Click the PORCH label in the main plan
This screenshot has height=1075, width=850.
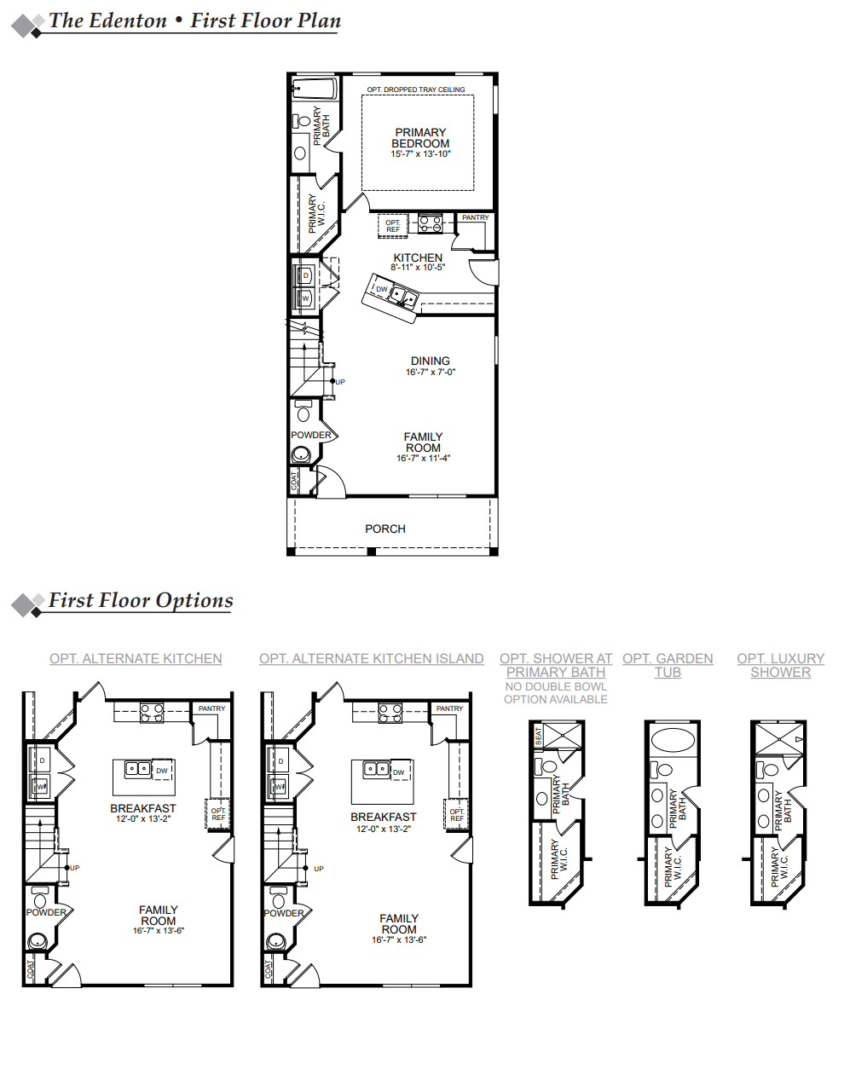pyautogui.click(x=385, y=529)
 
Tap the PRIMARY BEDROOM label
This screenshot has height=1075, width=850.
pyautogui.click(x=420, y=138)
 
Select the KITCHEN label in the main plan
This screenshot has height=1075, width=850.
pyautogui.click(x=418, y=257)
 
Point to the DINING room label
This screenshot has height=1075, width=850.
pyautogui.click(x=431, y=361)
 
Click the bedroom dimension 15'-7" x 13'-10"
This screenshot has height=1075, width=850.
pyautogui.click(x=420, y=154)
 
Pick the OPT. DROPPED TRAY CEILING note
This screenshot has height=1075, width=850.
pyautogui.click(x=416, y=90)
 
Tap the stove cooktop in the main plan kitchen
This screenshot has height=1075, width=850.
pyautogui.click(x=430, y=224)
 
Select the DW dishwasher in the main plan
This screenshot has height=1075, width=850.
pyautogui.click(x=382, y=289)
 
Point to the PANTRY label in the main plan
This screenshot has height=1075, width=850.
pyautogui.click(x=476, y=218)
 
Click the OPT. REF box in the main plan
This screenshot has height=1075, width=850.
pyautogui.click(x=392, y=226)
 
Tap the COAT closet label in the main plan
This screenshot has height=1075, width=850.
pyautogui.click(x=295, y=481)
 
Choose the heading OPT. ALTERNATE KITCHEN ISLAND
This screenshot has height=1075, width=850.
pyautogui.click(x=371, y=659)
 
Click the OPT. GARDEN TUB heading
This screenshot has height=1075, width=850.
pyautogui.click(x=668, y=665)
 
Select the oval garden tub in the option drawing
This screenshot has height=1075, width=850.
pyautogui.click(x=673, y=739)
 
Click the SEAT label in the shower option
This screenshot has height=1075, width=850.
pyautogui.click(x=538, y=736)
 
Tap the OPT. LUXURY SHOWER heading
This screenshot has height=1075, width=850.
pyautogui.click(x=780, y=665)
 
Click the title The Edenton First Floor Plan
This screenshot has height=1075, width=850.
pyautogui.click(x=195, y=21)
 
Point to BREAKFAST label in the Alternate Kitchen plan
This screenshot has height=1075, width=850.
pyautogui.click(x=143, y=808)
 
